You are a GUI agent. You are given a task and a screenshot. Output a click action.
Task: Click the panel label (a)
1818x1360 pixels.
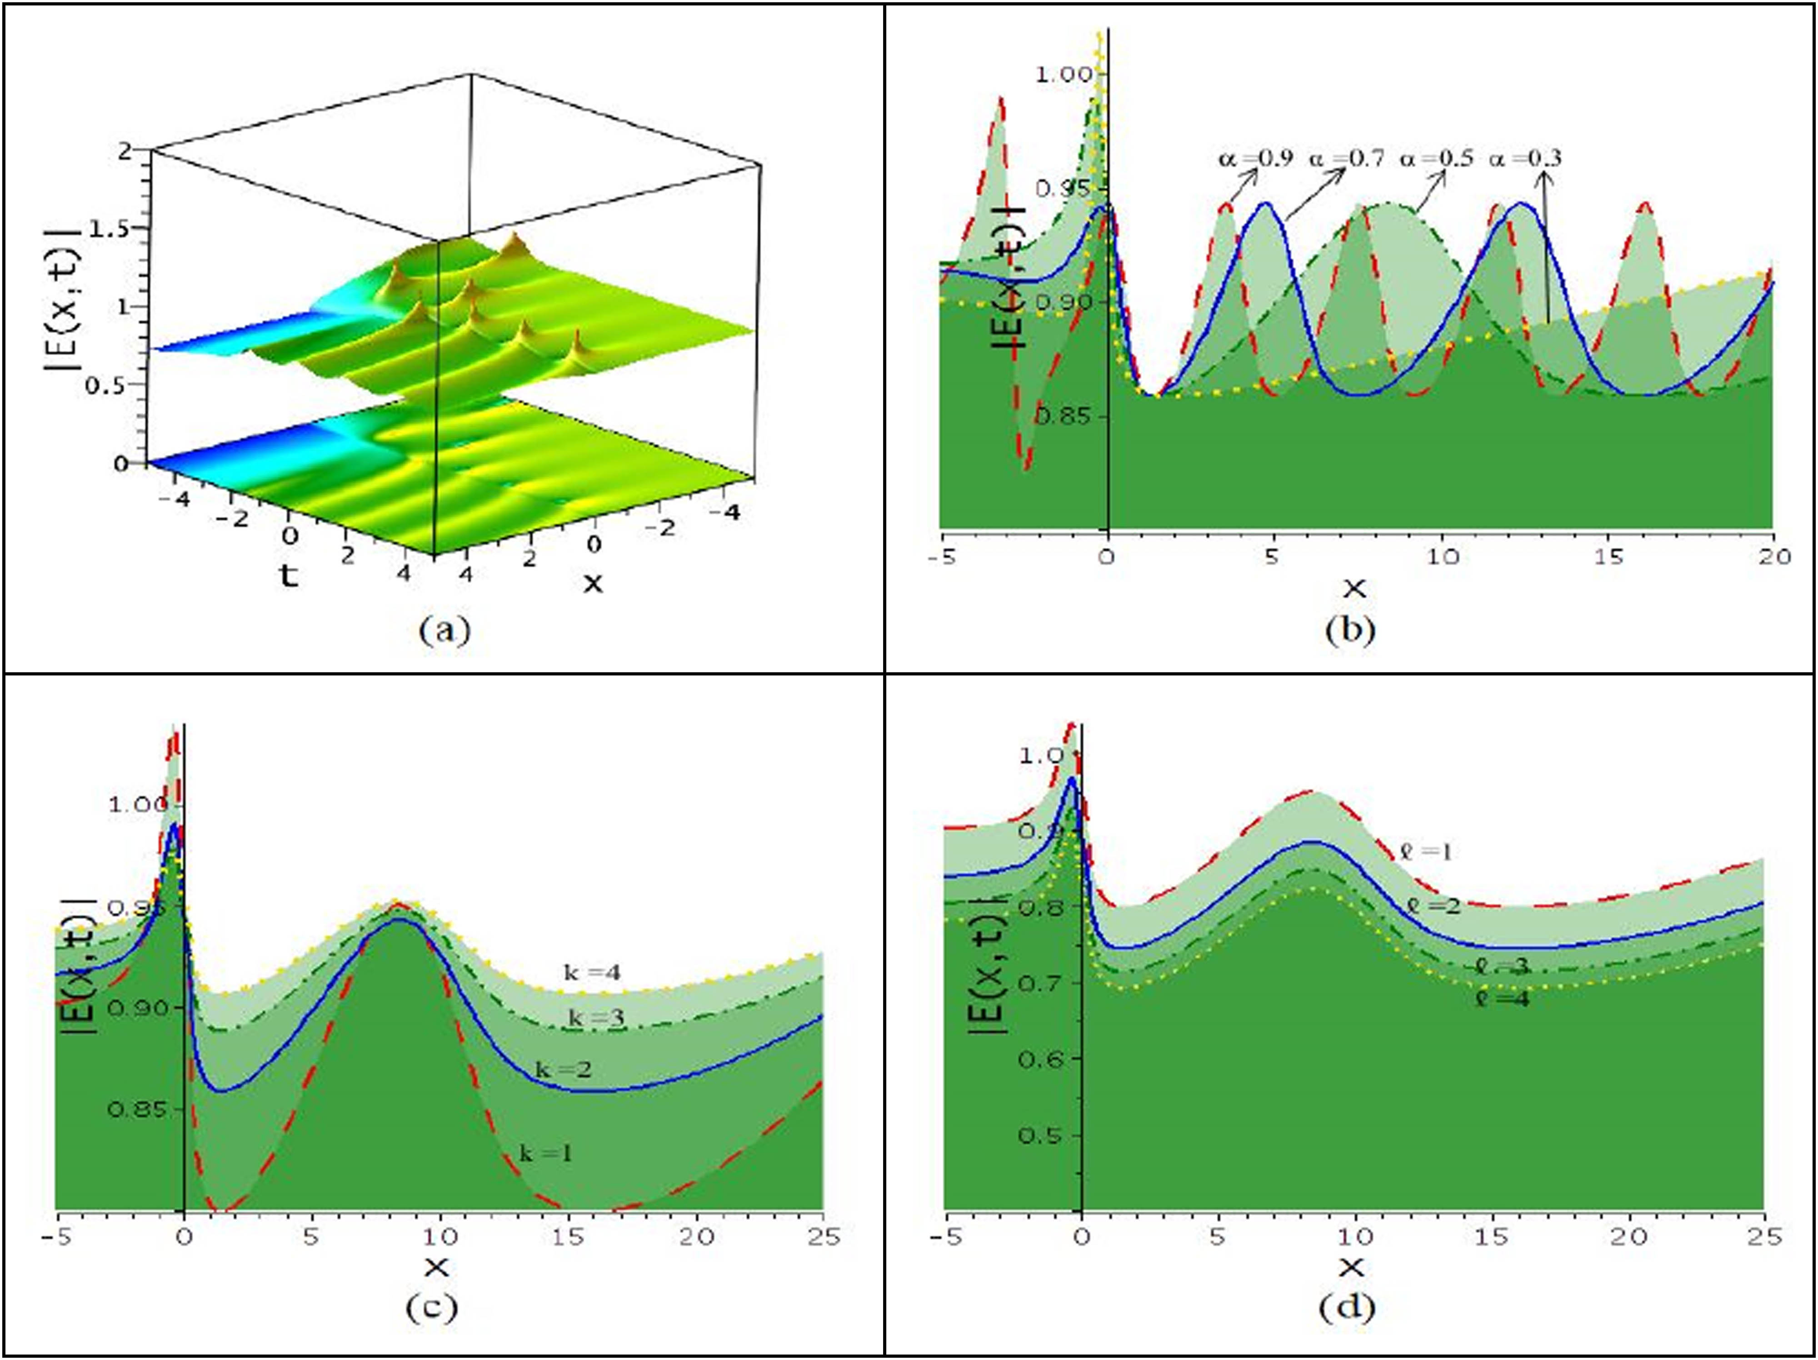tap(445, 630)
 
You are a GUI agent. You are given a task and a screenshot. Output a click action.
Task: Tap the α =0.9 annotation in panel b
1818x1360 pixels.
tap(1255, 158)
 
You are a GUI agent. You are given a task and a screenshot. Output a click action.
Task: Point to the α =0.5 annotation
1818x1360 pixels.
tap(1436, 158)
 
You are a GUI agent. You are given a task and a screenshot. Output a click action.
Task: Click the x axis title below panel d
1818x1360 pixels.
tap(1350, 1268)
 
